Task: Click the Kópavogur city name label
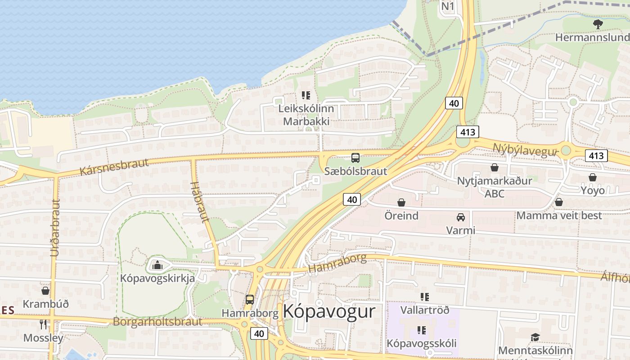[329, 311]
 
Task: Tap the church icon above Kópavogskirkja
[157, 265]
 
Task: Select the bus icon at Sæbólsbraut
[355, 158]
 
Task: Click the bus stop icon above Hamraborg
[249, 300]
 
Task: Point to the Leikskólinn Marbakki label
[306, 115]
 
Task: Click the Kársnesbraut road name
[114, 166]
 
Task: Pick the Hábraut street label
[200, 202]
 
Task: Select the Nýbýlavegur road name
[525, 150]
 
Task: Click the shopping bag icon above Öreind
[401, 203]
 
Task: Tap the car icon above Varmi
[460, 217]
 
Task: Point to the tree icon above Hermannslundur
[598, 24]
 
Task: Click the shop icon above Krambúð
[45, 291]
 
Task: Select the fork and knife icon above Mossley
[43, 324]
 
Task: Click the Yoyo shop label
[593, 190]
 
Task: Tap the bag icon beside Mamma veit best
[558, 202]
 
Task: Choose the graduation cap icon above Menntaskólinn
[535, 337]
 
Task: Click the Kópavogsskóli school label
[422, 343]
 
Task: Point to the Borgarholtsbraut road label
[157, 322]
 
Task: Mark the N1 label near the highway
[448, 6]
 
